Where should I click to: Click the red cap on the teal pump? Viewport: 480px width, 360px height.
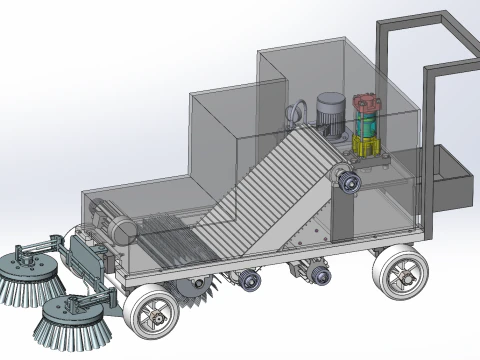(366, 104)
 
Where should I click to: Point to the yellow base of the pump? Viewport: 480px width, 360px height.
(367, 149)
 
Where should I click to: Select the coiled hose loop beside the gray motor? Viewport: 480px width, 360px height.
(297, 114)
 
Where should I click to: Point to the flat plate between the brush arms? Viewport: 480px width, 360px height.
(89, 258)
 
